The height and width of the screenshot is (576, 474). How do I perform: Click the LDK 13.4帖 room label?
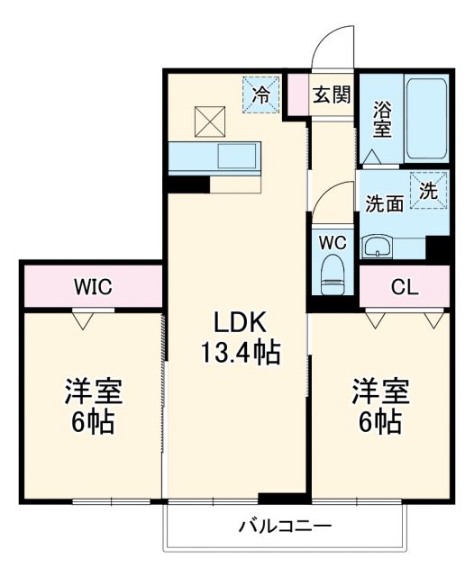(x=239, y=337)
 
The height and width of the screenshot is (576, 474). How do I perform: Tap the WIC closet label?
(x=92, y=287)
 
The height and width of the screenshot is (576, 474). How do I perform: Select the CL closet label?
(x=405, y=287)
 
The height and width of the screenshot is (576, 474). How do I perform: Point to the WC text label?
(x=333, y=243)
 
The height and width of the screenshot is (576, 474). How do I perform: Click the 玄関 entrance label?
(x=331, y=94)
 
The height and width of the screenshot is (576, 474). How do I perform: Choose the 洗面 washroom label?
(x=384, y=202)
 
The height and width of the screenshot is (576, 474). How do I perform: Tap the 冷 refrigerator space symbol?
(x=261, y=94)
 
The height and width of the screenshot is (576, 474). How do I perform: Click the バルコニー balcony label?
(x=286, y=526)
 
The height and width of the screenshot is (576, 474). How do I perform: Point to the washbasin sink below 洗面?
(x=378, y=245)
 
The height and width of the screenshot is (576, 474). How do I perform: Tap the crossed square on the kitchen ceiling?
(x=210, y=119)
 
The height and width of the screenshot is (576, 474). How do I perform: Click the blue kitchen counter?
(x=214, y=157)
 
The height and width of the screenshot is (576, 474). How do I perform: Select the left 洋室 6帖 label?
(x=93, y=408)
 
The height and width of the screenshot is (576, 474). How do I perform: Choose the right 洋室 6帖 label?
(x=379, y=408)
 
